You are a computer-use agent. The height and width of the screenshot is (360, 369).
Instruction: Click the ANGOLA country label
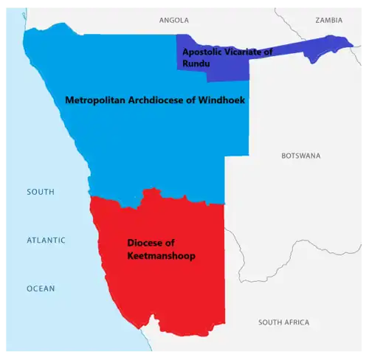coord(174,20)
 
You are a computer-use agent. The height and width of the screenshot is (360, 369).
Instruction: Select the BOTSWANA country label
coord(301,156)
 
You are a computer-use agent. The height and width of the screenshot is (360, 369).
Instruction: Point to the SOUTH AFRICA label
coord(284,323)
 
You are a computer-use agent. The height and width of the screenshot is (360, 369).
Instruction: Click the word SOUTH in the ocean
coord(41,193)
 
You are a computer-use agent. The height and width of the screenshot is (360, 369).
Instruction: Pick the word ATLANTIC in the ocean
coord(46,240)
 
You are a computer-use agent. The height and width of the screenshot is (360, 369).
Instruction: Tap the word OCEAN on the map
coord(41,288)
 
